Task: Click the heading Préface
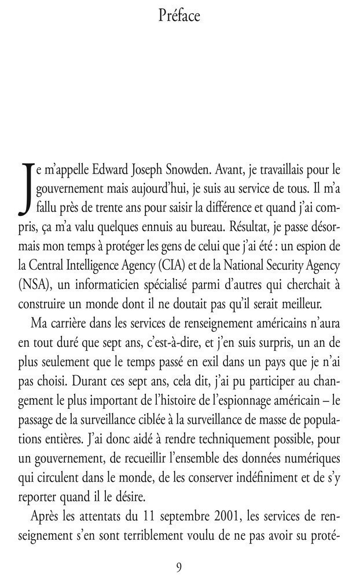click(x=179, y=16)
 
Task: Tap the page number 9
click(x=179, y=565)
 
